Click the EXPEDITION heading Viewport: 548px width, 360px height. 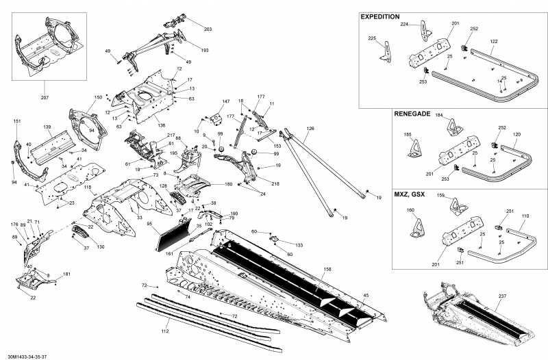pos(380,16)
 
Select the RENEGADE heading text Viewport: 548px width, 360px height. pos(411,114)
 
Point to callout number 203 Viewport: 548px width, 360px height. pos(208,29)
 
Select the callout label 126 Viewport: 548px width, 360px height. pos(310,128)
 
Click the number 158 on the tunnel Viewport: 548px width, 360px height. pos(327,270)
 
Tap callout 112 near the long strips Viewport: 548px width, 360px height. pos(164,331)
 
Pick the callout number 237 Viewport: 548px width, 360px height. pos(502,296)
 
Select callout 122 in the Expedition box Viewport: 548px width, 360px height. pos(494,42)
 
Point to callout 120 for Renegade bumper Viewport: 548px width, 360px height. pos(516,135)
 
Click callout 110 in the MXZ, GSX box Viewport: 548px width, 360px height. pos(525,215)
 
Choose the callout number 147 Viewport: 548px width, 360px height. pos(225,102)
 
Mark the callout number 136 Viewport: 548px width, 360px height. pos(162,125)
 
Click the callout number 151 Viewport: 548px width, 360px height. pos(17,121)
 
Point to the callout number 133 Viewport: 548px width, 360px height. pos(299,244)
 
